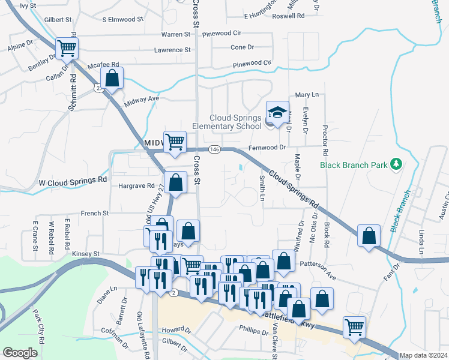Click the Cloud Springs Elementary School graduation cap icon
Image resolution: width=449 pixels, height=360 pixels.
(x=277, y=112)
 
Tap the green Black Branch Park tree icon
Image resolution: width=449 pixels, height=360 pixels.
(x=396, y=164)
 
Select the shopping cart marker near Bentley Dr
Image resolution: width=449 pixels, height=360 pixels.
(x=67, y=48)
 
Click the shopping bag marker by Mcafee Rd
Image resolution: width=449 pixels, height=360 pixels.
(x=112, y=77)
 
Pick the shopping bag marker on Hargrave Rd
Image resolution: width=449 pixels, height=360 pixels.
(x=175, y=183)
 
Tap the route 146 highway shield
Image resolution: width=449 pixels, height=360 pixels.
(x=214, y=148)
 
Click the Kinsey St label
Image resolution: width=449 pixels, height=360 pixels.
(x=85, y=254)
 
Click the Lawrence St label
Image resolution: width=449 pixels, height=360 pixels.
(x=172, y=50)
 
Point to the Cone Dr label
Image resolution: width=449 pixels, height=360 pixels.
(x=243, y=47)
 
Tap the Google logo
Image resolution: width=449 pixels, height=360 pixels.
(x=20, y=353)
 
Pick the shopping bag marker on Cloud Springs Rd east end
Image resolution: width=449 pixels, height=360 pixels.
(x=369, y=235)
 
